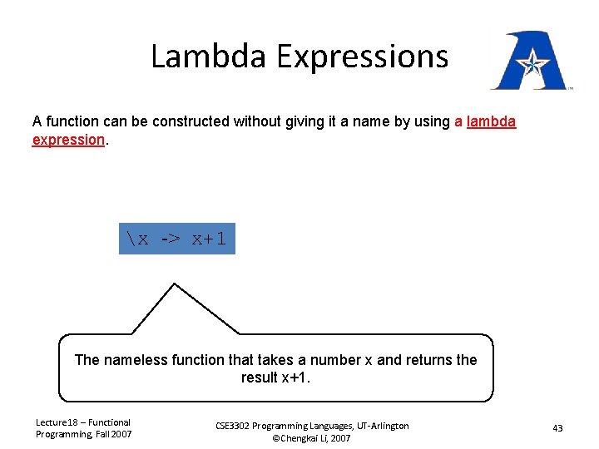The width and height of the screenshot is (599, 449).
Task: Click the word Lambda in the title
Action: pos(209,57)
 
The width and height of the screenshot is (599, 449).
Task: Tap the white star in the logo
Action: pos(530,62)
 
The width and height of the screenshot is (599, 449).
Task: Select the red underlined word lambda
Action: pos(491,121)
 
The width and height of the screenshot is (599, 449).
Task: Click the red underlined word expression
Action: pos(67,140)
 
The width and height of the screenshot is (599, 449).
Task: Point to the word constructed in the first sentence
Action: pos(171,121)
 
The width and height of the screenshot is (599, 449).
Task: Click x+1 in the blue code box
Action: pos(209,239)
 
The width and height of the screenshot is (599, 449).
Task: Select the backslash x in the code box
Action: pos(138,239)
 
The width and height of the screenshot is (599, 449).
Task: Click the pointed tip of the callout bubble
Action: pos(174,285)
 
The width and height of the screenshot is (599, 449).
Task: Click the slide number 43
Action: pos(557,428)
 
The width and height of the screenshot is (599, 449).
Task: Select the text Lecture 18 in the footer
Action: pos(57,422)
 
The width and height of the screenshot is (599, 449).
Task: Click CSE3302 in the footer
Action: pos(237,426)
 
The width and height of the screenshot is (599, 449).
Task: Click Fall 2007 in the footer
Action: pos(111,434)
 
